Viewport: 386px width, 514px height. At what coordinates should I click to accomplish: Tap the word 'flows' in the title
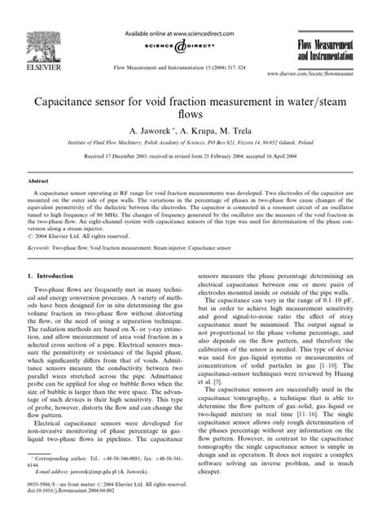(x=192, y=119)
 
